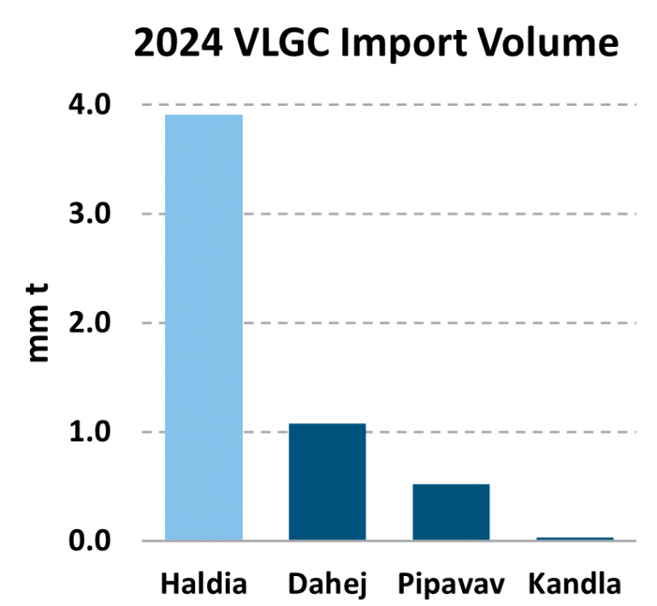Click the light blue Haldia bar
tap(204, 327)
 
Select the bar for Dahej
tap(327, 482)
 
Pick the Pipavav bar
tap(451, 512)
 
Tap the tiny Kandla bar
tap(574, 538)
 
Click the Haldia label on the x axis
tap(204, 585)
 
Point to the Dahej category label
tap(327, 586)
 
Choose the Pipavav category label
tap(451, 586)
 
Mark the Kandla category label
tap(574, 585)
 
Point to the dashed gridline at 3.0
tap(428, 214)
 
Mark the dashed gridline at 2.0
tap(428, 323)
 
